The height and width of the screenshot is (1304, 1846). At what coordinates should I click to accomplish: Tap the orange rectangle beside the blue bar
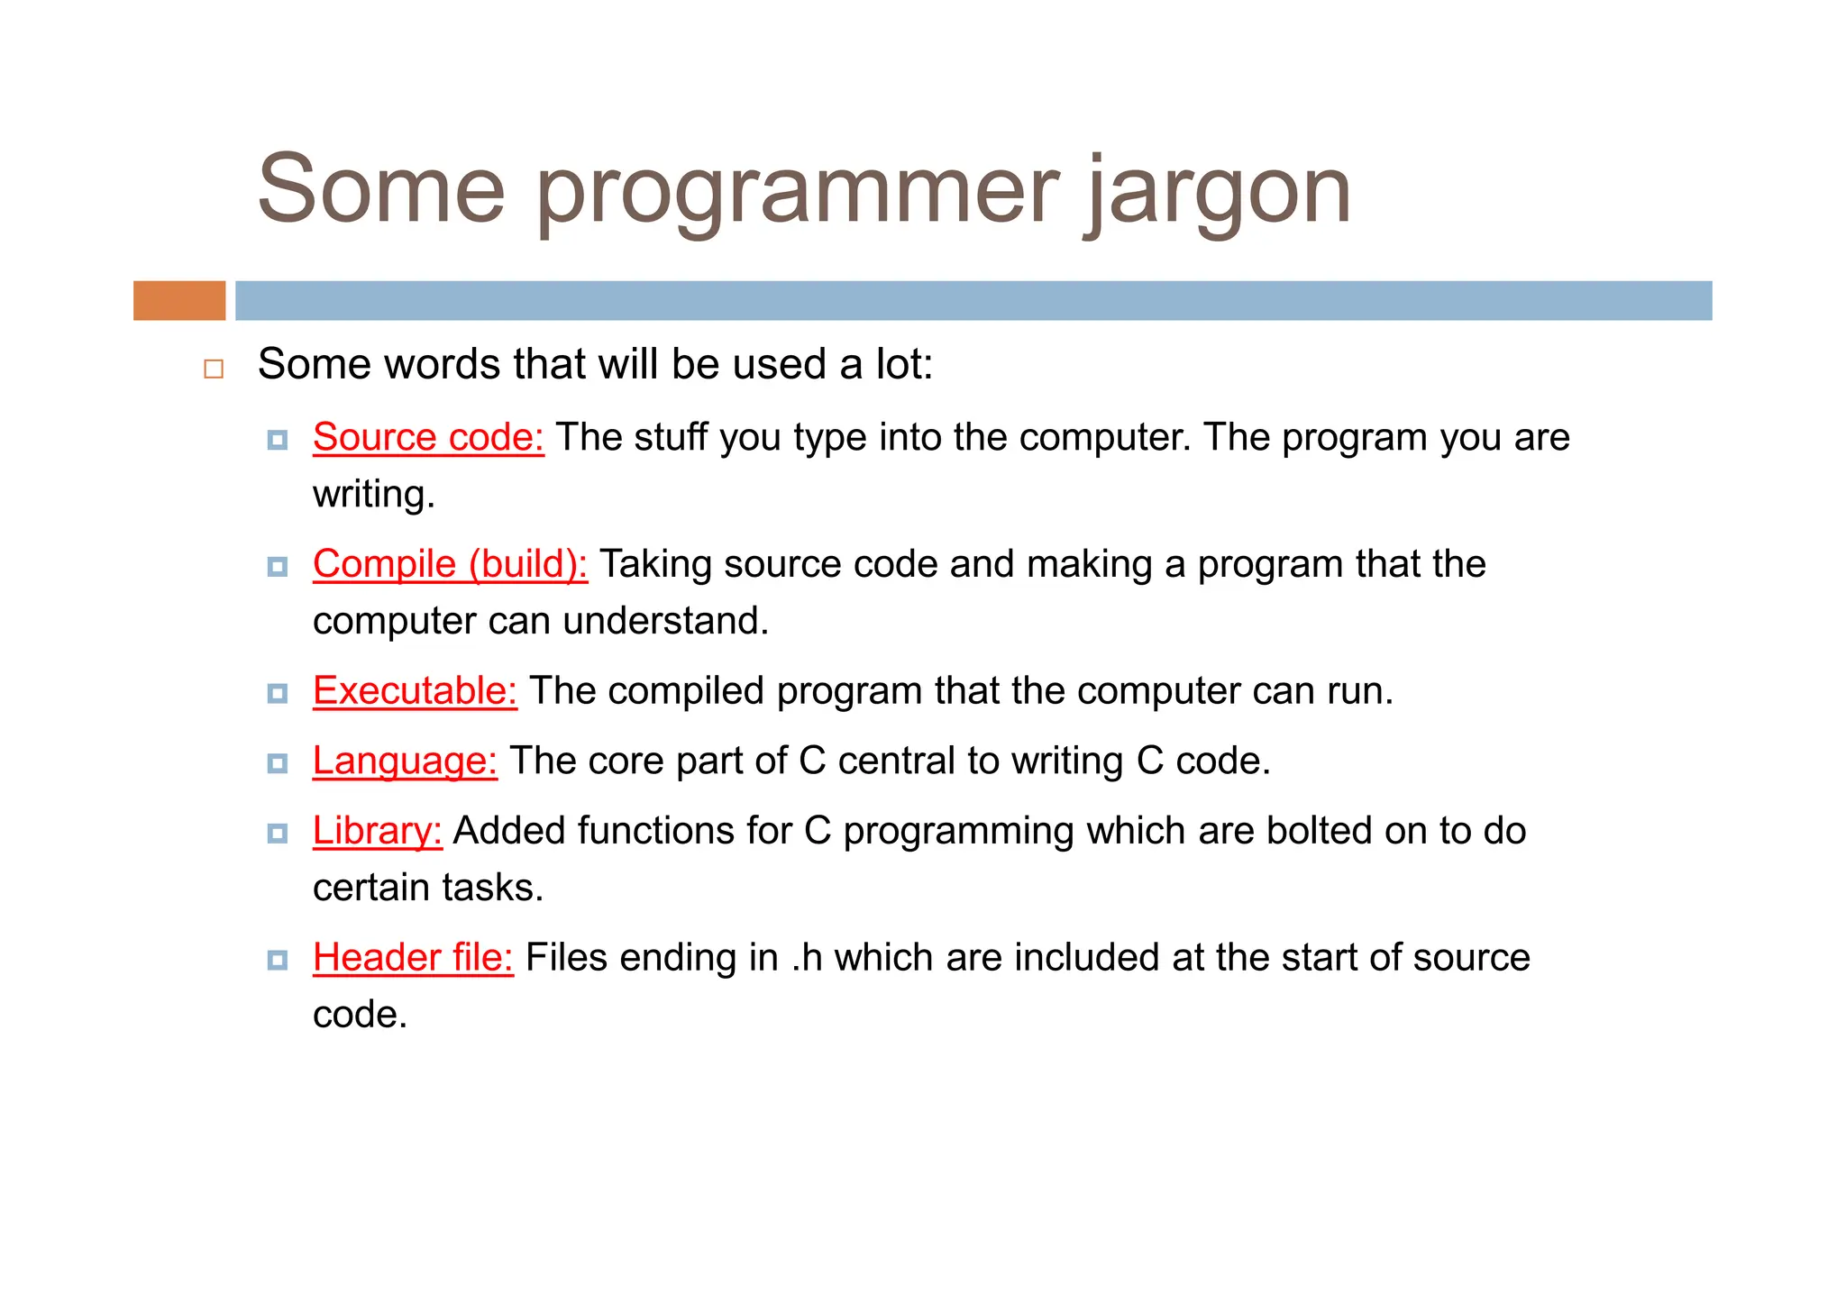coord(179,300)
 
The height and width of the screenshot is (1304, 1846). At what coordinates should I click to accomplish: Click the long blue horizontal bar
coord(973,300)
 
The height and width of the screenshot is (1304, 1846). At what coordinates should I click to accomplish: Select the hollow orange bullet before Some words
coord(214,369)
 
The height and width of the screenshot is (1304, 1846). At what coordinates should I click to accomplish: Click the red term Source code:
coord(428,438)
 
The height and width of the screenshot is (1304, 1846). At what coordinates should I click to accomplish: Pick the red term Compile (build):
coord(450,565)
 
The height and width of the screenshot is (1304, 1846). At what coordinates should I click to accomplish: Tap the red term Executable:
coord(415,692)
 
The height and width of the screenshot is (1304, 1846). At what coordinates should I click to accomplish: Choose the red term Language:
coord(405,761)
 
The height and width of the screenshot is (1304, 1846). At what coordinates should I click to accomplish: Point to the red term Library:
coord(377,832)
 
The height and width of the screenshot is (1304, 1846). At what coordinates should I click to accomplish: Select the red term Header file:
coord(413,959)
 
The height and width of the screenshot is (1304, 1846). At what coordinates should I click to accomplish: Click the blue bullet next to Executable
coord(278,693)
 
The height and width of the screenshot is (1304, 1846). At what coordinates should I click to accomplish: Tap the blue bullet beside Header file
coord(278,960)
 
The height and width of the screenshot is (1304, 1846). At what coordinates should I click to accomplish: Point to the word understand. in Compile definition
coord(666,622)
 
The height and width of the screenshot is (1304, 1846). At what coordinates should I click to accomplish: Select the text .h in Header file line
coord(808,959)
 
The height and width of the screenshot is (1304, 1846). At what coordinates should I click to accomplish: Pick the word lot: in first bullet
coord(904,365)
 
